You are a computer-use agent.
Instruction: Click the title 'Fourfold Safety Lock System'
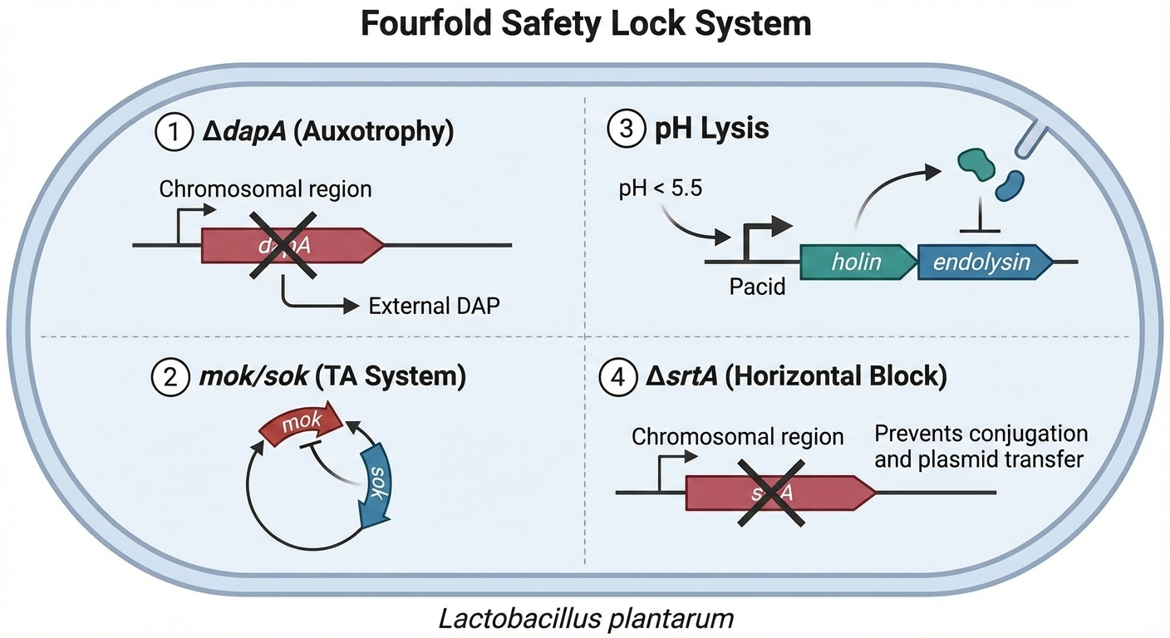[585, 24]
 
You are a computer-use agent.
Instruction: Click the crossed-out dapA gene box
[291, 245]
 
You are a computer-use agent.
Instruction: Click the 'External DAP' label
[434, 306]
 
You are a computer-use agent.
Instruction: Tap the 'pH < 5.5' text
[661, 189]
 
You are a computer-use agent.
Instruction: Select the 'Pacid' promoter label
[757, 288]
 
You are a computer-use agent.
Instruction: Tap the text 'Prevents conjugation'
[981, 434]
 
